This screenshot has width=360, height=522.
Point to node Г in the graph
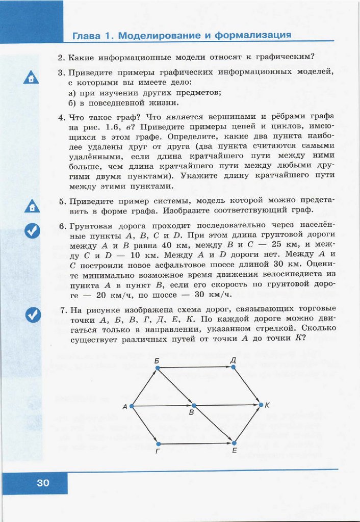point(159,444)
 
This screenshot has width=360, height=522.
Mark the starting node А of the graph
point(132,406)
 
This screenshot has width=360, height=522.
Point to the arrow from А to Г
point(145,425)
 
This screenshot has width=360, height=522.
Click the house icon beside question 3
point(32,78)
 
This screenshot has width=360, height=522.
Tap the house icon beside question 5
point(32,206)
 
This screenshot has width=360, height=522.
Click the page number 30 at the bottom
point(43,483)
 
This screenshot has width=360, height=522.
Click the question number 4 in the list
point(61,116)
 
